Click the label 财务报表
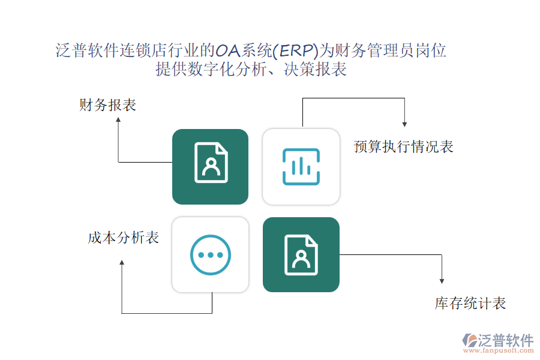(x=108, y=106)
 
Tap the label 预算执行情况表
(x=403, y=146)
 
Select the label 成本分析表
(x=123, y=238)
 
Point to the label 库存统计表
(x=470, y=304)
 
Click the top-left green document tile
(x=210, y=167)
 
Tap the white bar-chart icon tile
(x=301, y=167)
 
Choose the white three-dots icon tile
(x=210, y=255)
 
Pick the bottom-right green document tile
(x=301, y=255)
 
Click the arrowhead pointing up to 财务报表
(x=118, y=120)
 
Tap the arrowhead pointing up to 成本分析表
(x=122, y=263)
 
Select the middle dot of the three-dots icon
(x=210, y=255)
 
